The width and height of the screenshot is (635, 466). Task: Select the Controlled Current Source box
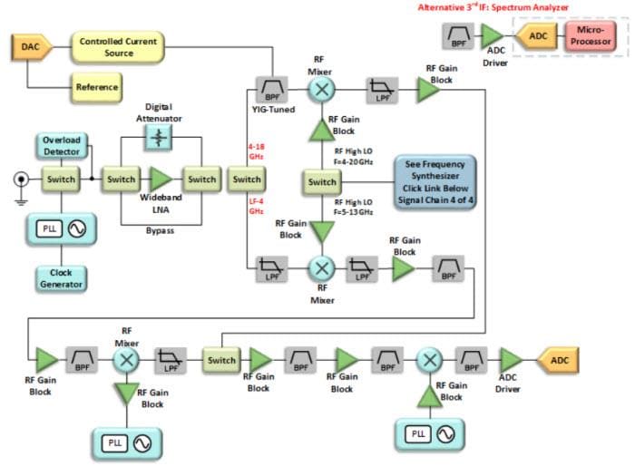[x=118, y=47]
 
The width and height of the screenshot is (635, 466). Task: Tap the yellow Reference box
[x=96, y=88]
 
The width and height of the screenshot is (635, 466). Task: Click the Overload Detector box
[x=63, y=146]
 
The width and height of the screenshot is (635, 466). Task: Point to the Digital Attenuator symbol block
[x=160, y=137]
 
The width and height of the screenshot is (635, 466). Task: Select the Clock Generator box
[x=62, y=278]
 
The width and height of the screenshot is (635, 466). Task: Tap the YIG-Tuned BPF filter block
[x=270, y=89]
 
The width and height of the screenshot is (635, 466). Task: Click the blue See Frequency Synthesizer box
[x=434, y=182]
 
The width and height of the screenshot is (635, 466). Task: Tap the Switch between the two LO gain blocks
[x=322, y=181]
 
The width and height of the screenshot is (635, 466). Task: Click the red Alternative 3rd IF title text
[x=493, y=7]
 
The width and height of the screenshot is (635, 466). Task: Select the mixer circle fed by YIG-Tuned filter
[x=321, y=89]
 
